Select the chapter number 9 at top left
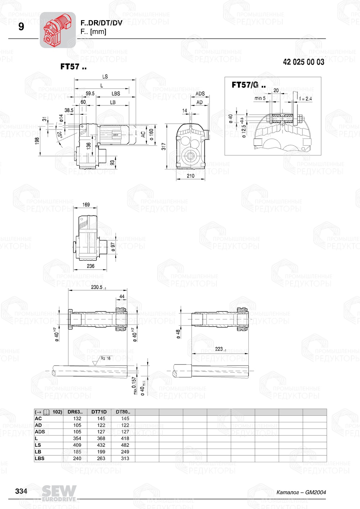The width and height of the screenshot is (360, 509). click(x=21, y=27)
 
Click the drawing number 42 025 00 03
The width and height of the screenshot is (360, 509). click(x=303, y=62)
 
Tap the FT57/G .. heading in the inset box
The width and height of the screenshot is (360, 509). click(x=248, y=85)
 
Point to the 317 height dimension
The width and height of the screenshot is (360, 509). click(x=164, y=146)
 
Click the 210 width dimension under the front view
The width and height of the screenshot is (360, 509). click(x=190, y=176)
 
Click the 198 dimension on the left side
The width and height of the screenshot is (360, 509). click(x=37, y=141)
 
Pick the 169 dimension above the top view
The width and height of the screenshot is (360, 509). click(x=86, y=205)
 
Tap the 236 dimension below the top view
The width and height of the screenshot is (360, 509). click(x=90, y=266)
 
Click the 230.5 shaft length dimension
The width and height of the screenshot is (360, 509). click(x=97, y=287)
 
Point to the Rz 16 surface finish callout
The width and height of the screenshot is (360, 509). click(x=105, y=358)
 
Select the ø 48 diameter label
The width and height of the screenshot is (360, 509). click(x=178, y=334)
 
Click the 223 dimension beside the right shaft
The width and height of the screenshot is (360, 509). click(x=220, y=349)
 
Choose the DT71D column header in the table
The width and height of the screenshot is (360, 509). click(x=99, y=412)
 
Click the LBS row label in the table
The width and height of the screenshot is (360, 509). click(x=40, y=458)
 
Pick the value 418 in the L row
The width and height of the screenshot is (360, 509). click(x=125, y=438)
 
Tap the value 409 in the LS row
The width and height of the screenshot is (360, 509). click(x=77, y=445)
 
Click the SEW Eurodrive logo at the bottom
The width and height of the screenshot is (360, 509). click(x=59, y=493)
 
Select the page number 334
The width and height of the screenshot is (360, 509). click(x=21, y=491)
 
